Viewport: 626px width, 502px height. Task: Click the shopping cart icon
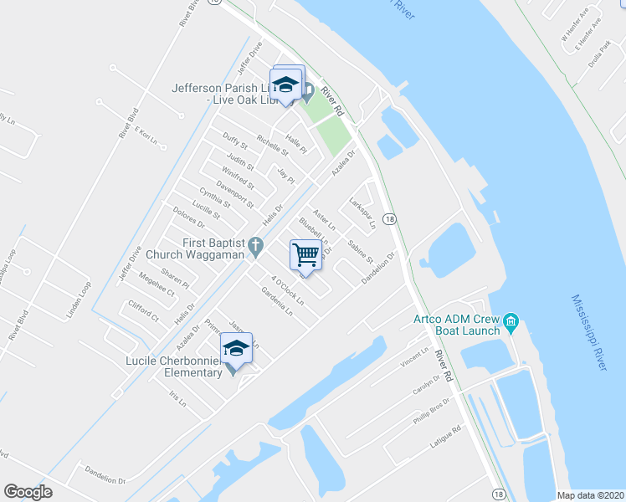(x=306, y=254)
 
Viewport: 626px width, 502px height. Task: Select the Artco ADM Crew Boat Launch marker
(x=511, y=321)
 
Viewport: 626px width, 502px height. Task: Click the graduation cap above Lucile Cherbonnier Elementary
(x=236, y=348)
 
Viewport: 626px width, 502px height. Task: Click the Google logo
(x=28, y=492)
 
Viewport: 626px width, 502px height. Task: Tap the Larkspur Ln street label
(x=361, y=213)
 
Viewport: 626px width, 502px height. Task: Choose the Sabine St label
(x=361, y=249)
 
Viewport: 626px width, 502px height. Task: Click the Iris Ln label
(x=177, y=399)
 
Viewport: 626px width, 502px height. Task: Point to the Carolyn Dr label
(x=425, y=385)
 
